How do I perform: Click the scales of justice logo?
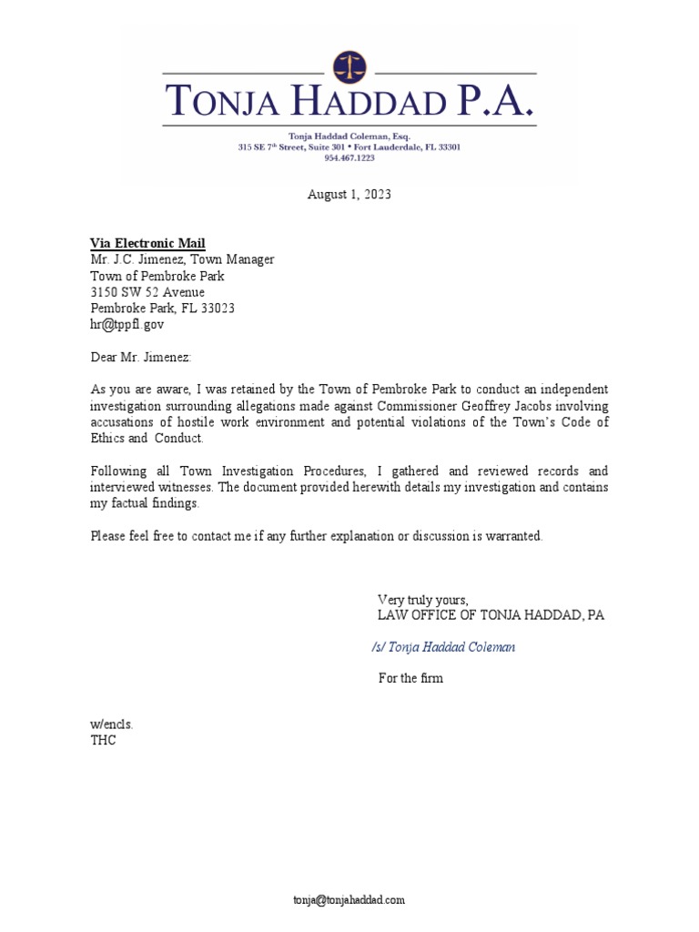coord(349,66)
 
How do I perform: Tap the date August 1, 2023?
coord(349,195)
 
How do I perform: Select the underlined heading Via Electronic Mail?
coord(147,243)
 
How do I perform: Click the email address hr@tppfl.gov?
coord(127,323)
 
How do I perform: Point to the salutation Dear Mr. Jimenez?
coord(141,359)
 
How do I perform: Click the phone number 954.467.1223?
coord(349,157)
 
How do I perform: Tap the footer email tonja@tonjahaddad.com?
coord(349,900)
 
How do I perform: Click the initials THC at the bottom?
coord(104,740)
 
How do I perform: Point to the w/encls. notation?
coord(112,724)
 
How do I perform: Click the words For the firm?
coord(410,678)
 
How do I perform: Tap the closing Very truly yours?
coord(422,599)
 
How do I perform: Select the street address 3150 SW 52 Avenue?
coord(147,292)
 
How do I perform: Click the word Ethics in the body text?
coord(110,439)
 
